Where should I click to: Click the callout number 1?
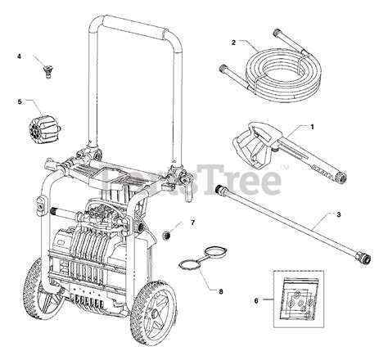(x=313, y=126)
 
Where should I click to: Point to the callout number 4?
(x=20, y=56)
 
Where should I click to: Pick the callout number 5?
(x=20, y=102)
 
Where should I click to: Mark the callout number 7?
(x=193, y=223)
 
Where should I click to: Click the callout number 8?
(x=219, y=290)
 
